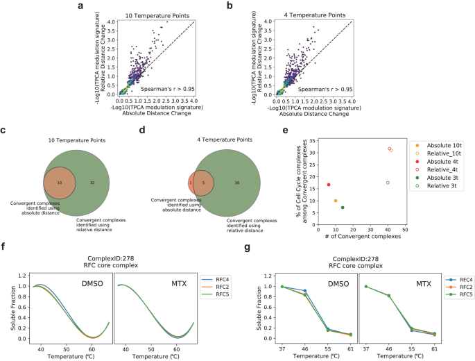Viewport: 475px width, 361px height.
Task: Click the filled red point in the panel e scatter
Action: [x=329, y=185]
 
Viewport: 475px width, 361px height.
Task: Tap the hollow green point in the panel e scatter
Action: [x=388, y=183]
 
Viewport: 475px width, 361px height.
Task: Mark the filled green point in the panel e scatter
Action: [x=343, y=208]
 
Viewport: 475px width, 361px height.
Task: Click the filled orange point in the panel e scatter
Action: [x=336, y=201]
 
